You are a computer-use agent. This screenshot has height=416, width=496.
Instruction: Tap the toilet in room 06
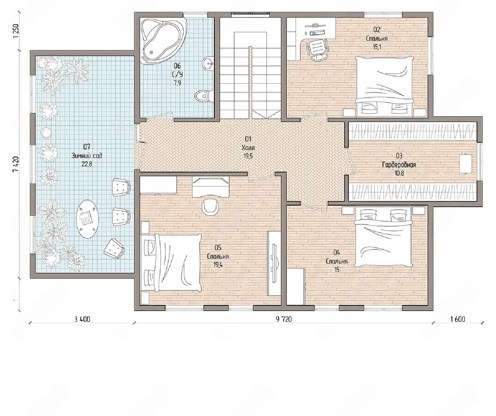(x=203, y=96)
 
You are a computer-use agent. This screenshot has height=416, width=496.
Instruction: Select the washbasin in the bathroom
(x=208, y=64)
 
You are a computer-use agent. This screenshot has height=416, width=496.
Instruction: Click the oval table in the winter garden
(x=87, y=219)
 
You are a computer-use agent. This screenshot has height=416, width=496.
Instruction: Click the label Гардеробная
(x=399, y=165)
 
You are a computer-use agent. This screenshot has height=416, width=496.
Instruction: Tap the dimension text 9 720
(x=284, y=319)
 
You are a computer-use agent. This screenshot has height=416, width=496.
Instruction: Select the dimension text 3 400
(x=82, y=319)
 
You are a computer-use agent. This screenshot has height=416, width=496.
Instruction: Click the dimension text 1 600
(x=458, y=319)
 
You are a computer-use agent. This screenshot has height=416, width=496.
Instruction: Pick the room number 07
(x=87, y=147)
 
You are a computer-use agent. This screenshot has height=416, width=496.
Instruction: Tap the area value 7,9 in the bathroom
(x=177, y=83)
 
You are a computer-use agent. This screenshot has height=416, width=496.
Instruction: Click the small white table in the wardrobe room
(x=465, y=164)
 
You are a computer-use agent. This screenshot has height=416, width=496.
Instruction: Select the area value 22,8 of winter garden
(x=87, y=164)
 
